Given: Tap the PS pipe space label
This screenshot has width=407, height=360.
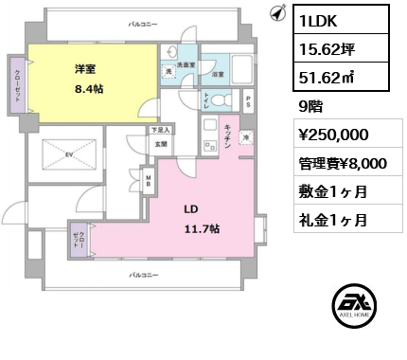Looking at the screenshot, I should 248,99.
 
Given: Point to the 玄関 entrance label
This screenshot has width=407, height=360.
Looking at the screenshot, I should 161,144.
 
